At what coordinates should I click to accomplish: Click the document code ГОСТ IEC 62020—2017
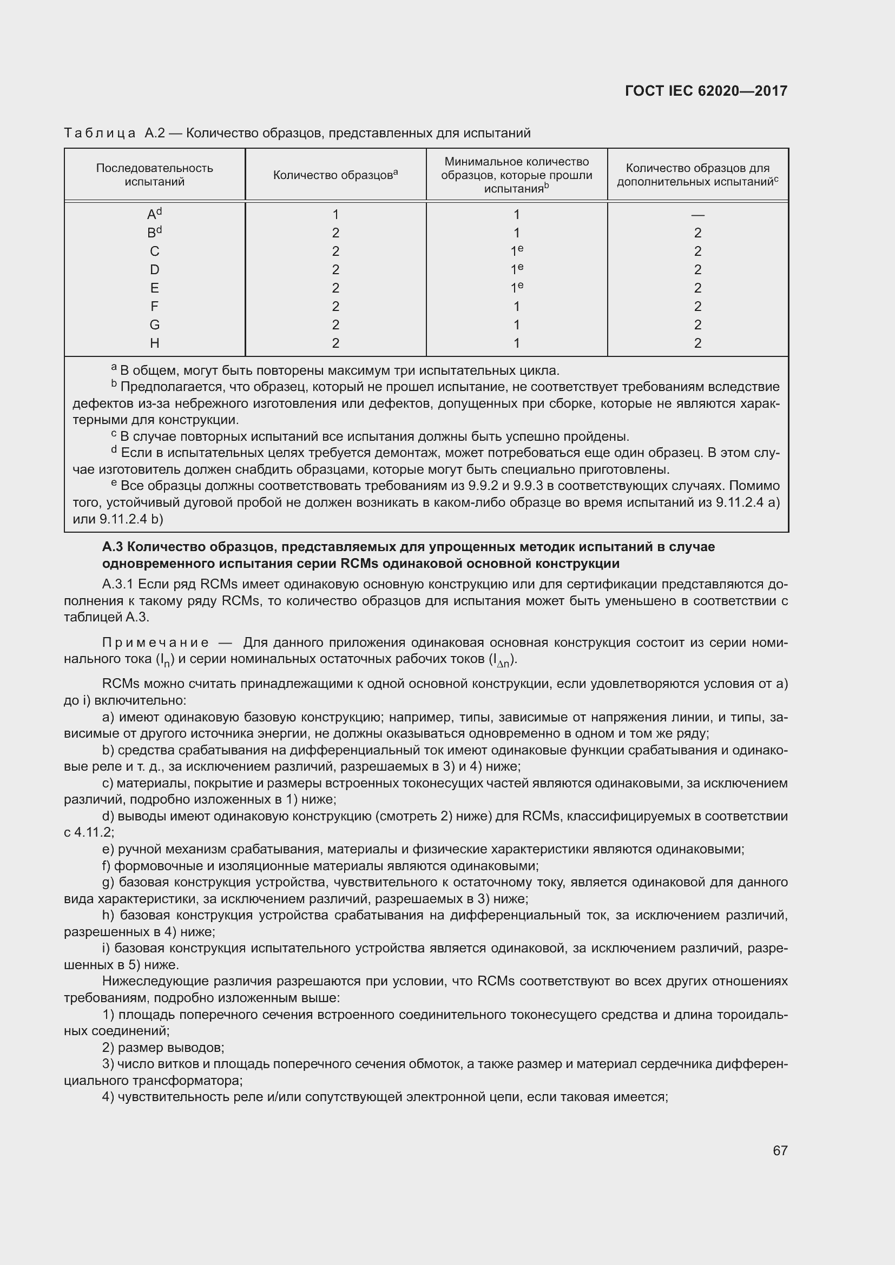click(706, 91)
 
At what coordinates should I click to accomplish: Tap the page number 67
click(780, 1150)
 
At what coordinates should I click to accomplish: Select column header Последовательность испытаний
click(154, 175)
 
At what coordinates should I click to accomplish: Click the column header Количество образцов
click(335, 175)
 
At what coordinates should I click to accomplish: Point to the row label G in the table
click(154, 325)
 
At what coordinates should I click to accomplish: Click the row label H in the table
click(154, 343)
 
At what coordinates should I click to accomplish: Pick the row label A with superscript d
click(154, 214)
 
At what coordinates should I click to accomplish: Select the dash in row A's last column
click(697, 215)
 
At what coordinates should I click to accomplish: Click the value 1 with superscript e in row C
click(516, 251)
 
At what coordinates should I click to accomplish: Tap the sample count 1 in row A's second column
click(335, 215)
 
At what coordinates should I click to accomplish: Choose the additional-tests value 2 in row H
click(697, 343)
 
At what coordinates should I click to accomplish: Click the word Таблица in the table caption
click(100, 133)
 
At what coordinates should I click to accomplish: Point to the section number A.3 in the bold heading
click(113, 547)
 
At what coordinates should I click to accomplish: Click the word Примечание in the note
click(155, 643)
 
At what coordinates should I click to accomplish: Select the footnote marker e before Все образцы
click(114, 483)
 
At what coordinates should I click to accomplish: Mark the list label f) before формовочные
click(107, 865)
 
